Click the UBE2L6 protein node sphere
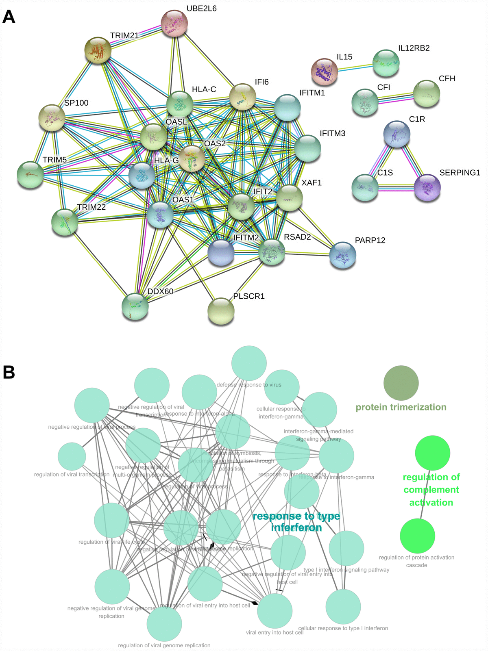[x=174, y=24]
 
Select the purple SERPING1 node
[x=427, y=188]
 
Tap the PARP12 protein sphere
[x=343, y=255]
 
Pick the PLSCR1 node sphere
[x=221, y=311]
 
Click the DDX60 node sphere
[x=135, y=306]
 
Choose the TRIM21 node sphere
[x=98, y=50]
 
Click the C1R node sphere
[x=396, y=134]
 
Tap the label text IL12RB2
[x=414, y=48]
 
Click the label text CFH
[x=447, y=78]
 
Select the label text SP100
[x=76, y=103]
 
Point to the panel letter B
[x=9, y=372]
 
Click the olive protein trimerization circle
[x=401, y=383]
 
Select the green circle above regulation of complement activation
[x=432, y=453]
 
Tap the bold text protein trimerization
[x=401, y=407]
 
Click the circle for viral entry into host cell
[x=275, y=611]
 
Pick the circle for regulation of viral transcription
[x=72, y=456]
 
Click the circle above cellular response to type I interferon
[x=343, y=606]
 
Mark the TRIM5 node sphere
[x=30, y=175]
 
